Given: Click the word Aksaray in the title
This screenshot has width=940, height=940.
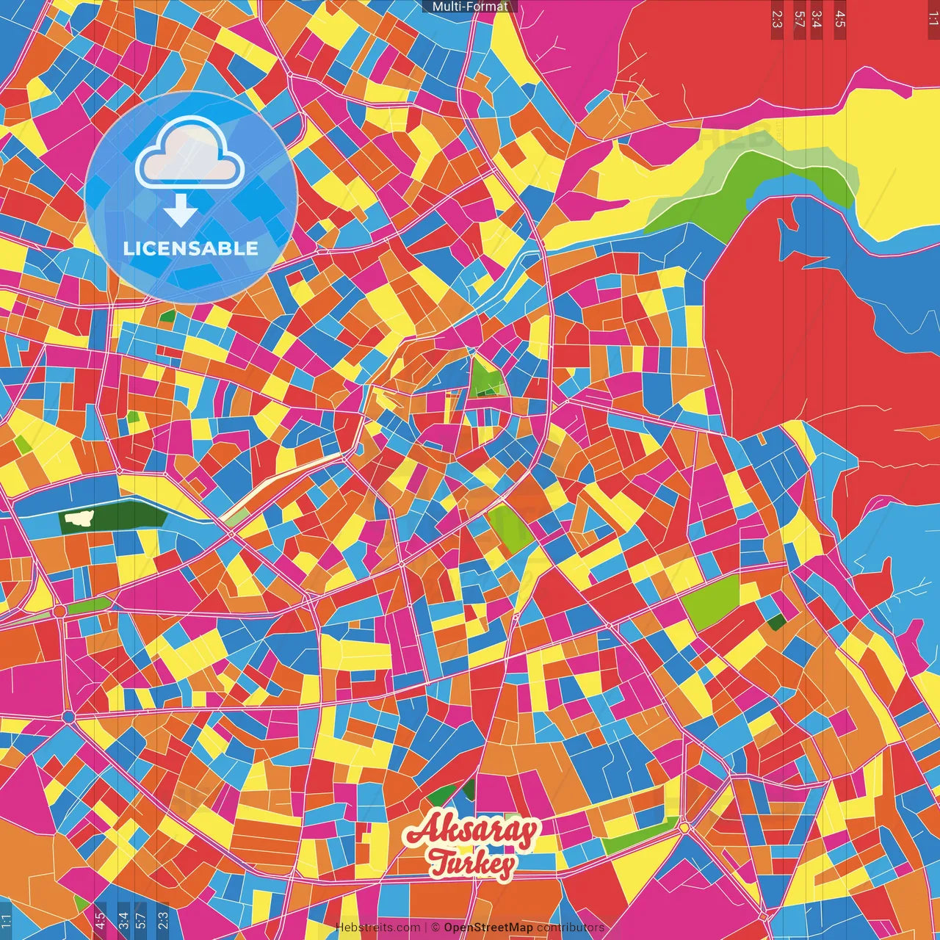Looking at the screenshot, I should tap(471, 831).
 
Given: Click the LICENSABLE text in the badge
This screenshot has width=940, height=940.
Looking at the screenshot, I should tap(191, 248).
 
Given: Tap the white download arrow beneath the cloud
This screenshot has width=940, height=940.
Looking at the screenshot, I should tap(180, 211).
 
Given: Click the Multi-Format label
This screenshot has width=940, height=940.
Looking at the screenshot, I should tap(470, 7).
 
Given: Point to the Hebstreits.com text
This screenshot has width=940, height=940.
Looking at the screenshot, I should tap(377, 928).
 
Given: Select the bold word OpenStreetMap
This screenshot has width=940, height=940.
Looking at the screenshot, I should tap(488, 928).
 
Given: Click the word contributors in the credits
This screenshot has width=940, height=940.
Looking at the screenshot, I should tap(571, 928).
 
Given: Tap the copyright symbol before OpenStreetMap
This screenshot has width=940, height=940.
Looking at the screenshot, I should tap(435, 928).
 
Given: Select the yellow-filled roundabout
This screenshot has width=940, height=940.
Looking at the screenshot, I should tap(684, 828).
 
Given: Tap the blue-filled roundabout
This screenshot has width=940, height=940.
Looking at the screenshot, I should tap(69, 716).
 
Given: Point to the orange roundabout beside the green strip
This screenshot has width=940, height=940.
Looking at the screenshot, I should tap(59, 611).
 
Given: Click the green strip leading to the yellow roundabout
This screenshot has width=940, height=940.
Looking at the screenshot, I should tap(639, 836).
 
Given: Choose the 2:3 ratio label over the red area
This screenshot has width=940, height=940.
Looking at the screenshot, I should tap(776, 19).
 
